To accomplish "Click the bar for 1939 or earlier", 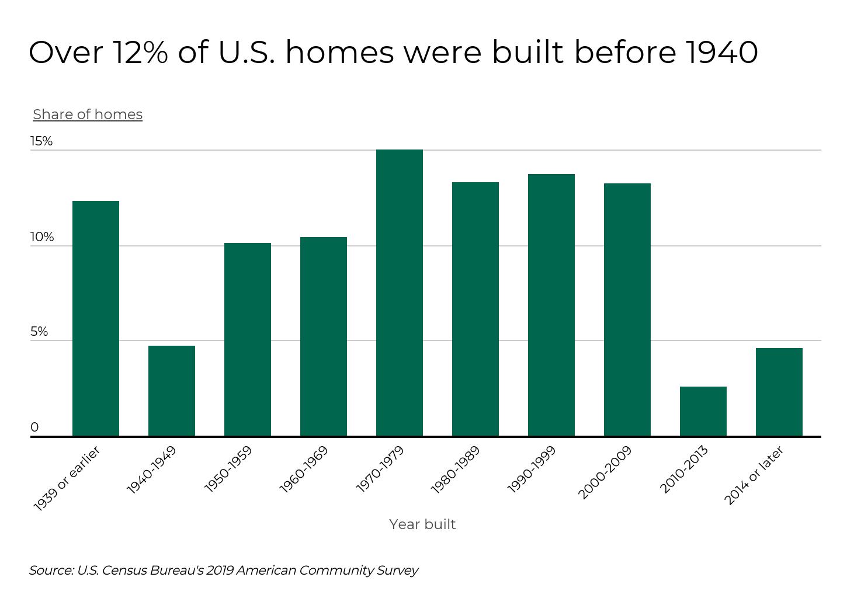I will [x=96, y=318].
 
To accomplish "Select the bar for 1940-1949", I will [x=172, y=391].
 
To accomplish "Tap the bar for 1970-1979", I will [x=400, y=293].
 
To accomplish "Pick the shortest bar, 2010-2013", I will [x=703, y=411].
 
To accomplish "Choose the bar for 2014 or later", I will [x=779, y=392].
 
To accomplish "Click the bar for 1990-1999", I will [x=551, y=305].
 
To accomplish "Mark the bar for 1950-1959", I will [x=248, y=339].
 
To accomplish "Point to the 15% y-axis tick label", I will [x=41, y=141].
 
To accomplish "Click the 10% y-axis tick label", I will [x=42, y=237].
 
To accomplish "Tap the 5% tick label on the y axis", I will [x=39, y=332].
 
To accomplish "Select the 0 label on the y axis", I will [x=34, y=427].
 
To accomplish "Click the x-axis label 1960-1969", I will [x=304, y=469].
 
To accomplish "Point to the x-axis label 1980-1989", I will [x=456, y=469].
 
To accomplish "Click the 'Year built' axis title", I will [x=422, y=524].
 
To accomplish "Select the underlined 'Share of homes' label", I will [x=88, y=114].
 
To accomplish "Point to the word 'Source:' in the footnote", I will [x=51, y=571].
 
